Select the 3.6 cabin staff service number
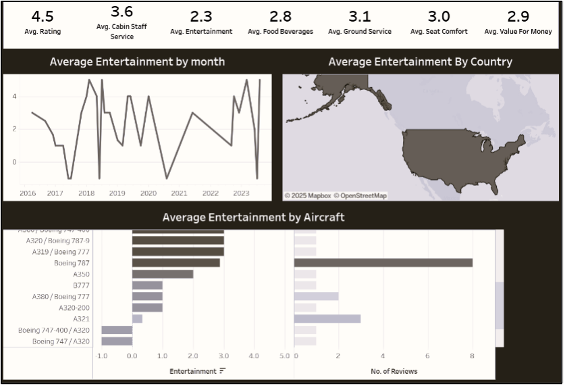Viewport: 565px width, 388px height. pyautogui.click(x=122, y=11)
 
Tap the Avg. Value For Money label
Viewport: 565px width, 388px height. pyautogui.click(x=518, y=32)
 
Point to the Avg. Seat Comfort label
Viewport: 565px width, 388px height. pyautogui.click(x=439, y=32)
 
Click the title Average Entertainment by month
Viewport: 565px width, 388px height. pyautogui.click(x=137, y=62)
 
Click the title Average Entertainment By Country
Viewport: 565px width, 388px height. pyautogui.click(x=420, y=62)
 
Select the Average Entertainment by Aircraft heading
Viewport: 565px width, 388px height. pyautogui.click(x=253, y=217)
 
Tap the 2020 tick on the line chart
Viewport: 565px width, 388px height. pyautogui.click(x=148, y=193)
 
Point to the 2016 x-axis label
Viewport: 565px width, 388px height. pyautogui.click(x=28, y=193)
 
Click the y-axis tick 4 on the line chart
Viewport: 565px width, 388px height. pyautogui.click(x=14, y=97)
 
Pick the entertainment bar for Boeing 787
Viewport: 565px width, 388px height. pyautogui.click(x=176, y=263)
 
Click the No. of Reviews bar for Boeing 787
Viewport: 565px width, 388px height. pyautogui.click(x=383, y=263)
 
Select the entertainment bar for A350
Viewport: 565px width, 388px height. pyautogui.click(x=163, y=274)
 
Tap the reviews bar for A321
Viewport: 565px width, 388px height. pyautogui.click(x=327, y=318)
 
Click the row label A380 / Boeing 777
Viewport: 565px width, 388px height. pyautogui.click(x=61, y=297)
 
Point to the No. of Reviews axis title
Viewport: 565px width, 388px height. pyautogui.click(x=394, y=371)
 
